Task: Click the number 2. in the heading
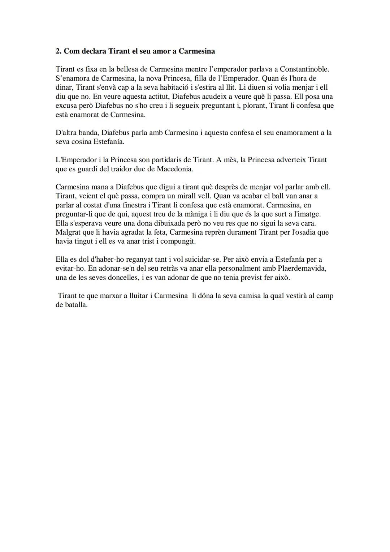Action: tap(58, 51)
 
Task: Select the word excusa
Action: tap(66, 106)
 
